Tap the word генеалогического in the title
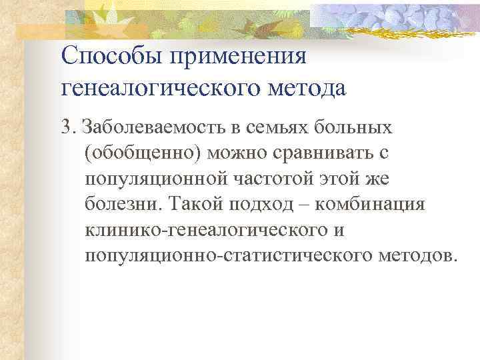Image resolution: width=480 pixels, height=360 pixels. (x=161, y=87)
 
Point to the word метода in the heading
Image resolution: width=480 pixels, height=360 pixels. (x=306, y=87)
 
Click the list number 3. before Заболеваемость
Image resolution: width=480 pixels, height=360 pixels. (x=69, y=127)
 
